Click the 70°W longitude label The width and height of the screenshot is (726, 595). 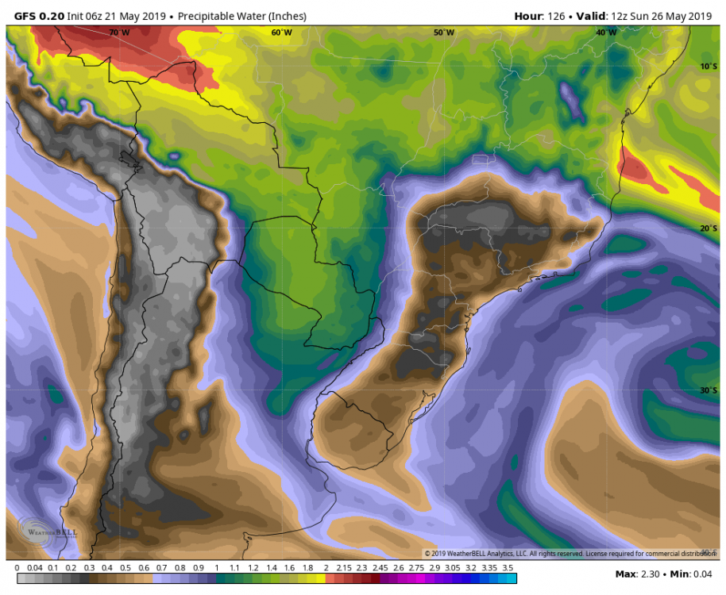coord(119,33)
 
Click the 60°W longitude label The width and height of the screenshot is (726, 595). coord(281,33)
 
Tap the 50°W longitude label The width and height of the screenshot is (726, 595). coord(444,33)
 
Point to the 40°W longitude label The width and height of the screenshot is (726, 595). coord(606,33)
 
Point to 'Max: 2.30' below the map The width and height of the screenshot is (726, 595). coord(638,574)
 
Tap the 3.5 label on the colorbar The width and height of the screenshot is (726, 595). coord(508,568)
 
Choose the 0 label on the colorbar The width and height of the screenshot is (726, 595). coord(17,568)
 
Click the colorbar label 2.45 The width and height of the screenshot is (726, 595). coord(379,568)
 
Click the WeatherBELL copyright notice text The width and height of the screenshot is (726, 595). coord(568,553)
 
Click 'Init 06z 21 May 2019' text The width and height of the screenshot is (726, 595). coord(122,16)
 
